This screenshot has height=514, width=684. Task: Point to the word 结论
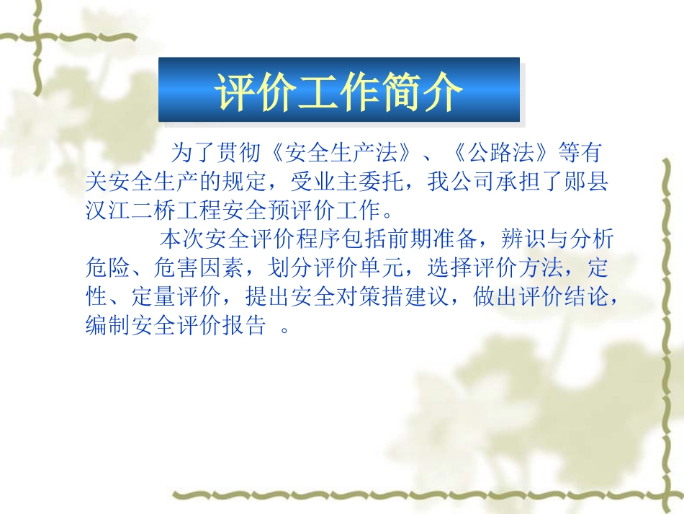pos(587,297)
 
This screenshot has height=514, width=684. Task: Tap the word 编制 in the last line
pos(108,326)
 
